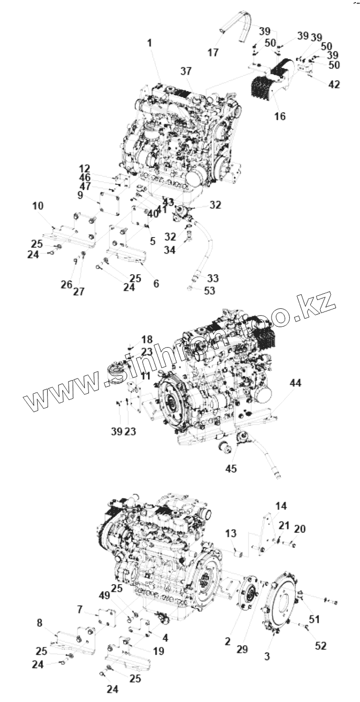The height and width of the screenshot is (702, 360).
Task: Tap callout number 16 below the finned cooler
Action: [x=280, y=116]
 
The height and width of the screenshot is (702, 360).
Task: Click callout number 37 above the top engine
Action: [x=186, y=71]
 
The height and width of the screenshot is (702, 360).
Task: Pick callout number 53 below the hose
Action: [x=209, y=291]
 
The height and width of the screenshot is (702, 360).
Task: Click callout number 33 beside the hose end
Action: [x=212, y=277]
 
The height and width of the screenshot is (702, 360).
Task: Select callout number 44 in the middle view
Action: [x=296, y=383]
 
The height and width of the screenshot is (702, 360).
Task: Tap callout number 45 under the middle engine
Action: [x=231, y=469]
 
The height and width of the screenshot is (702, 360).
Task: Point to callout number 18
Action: [x=147, y=339]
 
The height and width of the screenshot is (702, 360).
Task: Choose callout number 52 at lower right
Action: [x=320, y=646]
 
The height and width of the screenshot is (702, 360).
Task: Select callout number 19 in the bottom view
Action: [x=159, y=651]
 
